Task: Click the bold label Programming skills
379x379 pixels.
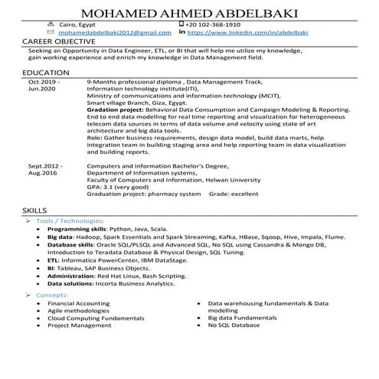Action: [77, 229]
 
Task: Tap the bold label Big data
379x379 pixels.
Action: [60, 237]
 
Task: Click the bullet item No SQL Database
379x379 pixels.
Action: [234, 325]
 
